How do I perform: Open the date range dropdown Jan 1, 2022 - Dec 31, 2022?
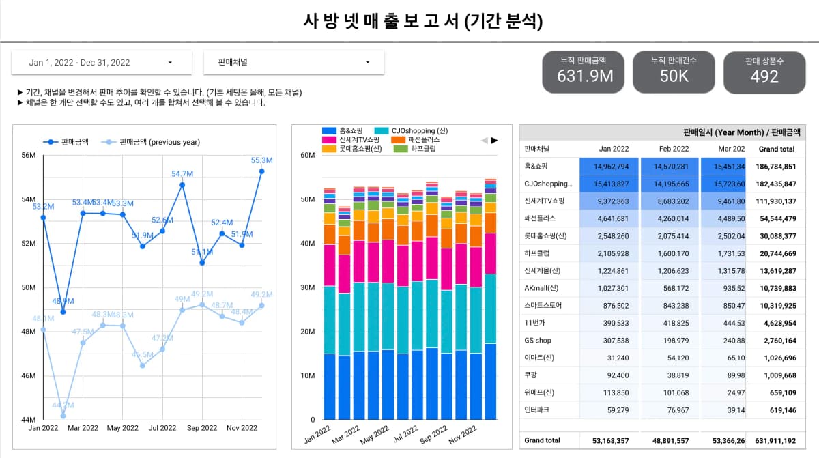click(x=101, y=63)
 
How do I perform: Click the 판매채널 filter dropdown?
click(x=293, y=63)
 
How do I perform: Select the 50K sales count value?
click(x=674, y=76)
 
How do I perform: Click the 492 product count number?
click(x=764, y=76)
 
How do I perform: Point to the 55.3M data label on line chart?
click(x=261, y=160)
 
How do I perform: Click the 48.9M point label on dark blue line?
click(x=63, y=301)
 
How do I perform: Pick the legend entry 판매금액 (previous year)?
click(x=159, y=142)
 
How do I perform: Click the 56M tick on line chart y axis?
click(x=29, y=155)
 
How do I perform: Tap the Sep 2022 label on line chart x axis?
click(x=202, y=428)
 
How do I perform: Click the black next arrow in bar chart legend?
click(x=495, y=140)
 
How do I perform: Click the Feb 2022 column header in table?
click(x=674, y=149)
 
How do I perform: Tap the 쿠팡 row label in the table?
click(x=531, y=375)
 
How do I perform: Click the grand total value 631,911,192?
click(x=776, y=440)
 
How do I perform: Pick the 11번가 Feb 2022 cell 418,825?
click(x=674, y=323)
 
